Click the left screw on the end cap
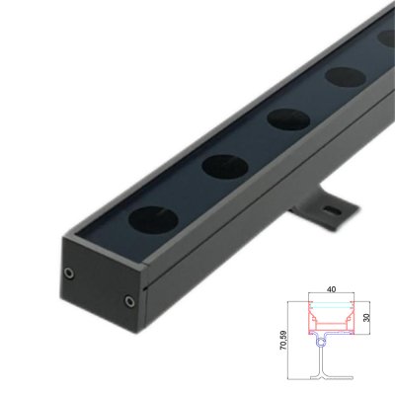[x=68, y=272]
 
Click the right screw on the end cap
[x=128, y=300]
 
